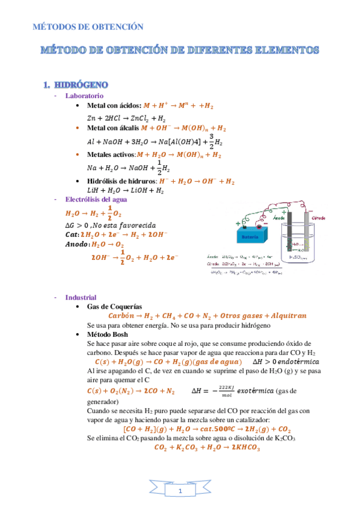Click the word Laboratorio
tap(84, 96)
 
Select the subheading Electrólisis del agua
tap(96, 200)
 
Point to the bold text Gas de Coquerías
tap(115, 306)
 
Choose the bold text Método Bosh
tap(108, 334)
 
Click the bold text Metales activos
tap(111, 155)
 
